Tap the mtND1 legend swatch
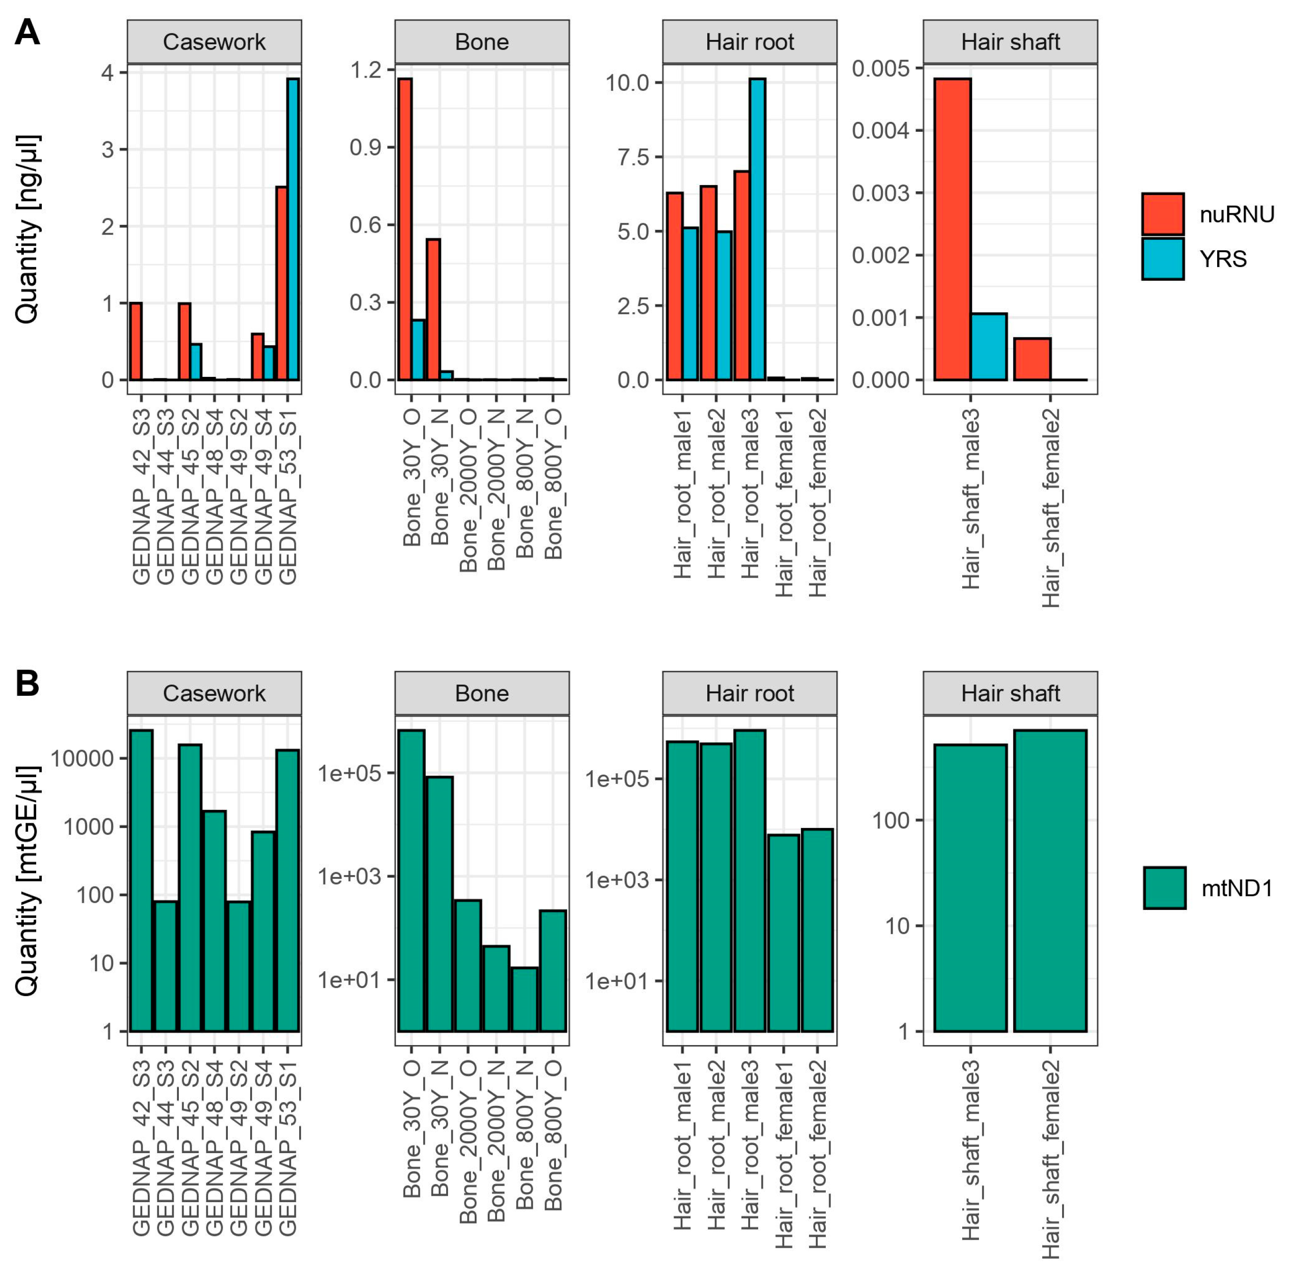[1164, 888]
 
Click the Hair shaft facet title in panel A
[1010, 42]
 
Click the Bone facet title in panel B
[482, 693]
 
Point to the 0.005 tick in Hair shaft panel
[881, 68]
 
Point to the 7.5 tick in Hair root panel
[635, 157]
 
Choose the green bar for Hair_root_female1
[783, 933]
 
